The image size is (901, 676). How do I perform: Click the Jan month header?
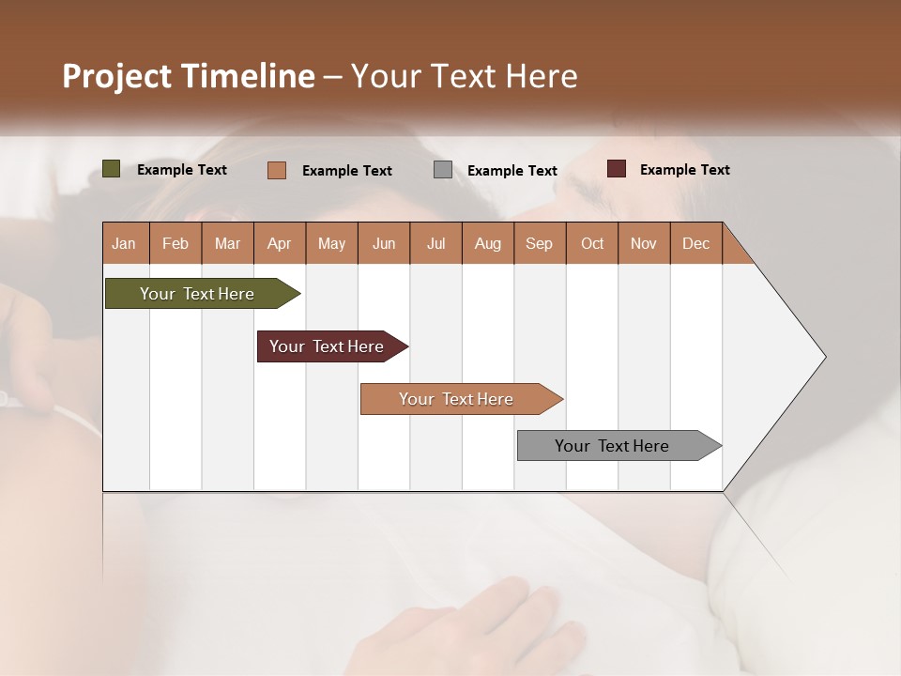125,243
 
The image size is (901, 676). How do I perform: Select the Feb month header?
176,243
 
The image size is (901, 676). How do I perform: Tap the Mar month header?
227,243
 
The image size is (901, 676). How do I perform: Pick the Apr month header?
280,243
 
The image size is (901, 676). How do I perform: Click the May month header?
331,243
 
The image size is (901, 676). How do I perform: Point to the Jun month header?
384,243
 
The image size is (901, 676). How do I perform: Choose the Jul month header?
435,243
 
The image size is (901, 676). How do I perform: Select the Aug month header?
488,243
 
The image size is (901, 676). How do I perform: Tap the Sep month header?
540,243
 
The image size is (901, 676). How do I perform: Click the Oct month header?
592,243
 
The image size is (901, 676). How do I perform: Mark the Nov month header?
644,243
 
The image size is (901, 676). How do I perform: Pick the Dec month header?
696,243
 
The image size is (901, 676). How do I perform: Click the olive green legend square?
112,169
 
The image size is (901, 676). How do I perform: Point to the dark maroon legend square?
617,169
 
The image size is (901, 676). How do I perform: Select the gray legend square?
443,170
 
